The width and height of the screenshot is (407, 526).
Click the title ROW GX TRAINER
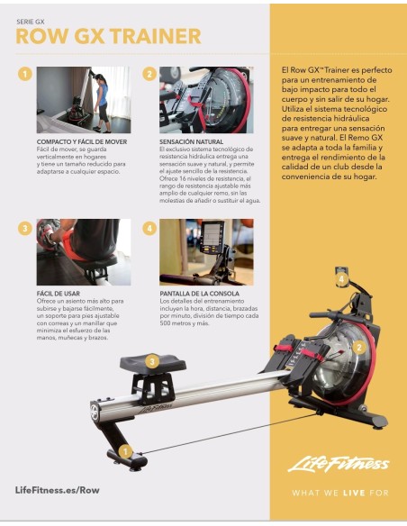click(108, 36)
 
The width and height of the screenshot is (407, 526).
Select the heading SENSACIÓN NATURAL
click(191, 142)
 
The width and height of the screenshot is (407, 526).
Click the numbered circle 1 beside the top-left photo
click(25, 75)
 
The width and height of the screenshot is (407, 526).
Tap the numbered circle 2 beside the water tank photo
click(149, 75)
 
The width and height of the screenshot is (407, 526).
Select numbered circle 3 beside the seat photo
click(25, 228)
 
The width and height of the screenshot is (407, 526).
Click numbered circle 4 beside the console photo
click(149, 228)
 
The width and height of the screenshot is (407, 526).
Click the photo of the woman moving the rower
click(83, 99)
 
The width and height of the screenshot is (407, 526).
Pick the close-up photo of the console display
click(206, 252)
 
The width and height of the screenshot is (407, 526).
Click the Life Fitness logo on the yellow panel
click(338, 464)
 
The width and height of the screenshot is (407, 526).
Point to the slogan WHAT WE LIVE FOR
click(338, 493)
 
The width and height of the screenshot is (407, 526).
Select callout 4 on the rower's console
click(341, 279)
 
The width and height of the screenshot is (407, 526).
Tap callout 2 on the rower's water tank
click(358, 346)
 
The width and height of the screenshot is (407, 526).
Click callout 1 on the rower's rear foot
click(126, 450)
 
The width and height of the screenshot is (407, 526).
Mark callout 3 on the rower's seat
click(153, 361)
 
